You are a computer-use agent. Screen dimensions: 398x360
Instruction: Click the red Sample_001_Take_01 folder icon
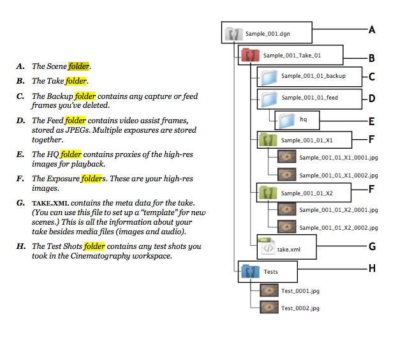tap(250, 55)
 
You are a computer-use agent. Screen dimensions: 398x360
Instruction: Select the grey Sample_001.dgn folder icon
tap(234, 34)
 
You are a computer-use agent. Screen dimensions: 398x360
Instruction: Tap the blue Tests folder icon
tap(250, 271)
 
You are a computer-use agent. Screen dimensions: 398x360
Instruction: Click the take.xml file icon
tap(267, 246)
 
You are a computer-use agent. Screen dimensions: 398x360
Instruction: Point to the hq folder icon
tap(288, 120)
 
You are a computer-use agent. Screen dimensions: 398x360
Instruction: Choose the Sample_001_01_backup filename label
tap(313, 76)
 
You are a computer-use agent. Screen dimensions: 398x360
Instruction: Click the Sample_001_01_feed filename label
tap(310, 97)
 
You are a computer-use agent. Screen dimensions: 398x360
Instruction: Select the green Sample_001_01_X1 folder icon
tap(268, 140)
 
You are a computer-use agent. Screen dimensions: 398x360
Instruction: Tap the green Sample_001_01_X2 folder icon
tap(268, 193)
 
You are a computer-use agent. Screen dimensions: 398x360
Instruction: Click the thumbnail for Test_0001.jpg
tap(269, 290)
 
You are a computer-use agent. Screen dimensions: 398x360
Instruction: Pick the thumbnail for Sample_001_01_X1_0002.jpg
tap(287, 174)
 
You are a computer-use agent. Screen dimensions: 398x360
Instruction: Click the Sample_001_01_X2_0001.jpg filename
tap(339, 210)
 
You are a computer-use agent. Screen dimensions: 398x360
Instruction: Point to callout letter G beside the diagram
tap(372, 246)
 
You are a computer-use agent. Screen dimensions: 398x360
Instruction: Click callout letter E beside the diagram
tap(372, 121)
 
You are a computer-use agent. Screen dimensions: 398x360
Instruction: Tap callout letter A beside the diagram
tap(372, 30)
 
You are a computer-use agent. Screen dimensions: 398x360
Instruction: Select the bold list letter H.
tap(21, 246)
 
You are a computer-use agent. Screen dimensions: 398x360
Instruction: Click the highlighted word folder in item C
tap(85, 96)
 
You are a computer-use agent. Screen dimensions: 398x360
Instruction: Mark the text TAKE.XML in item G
tap(50, 203)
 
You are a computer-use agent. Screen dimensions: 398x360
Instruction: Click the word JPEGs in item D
tap(78, 130)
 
